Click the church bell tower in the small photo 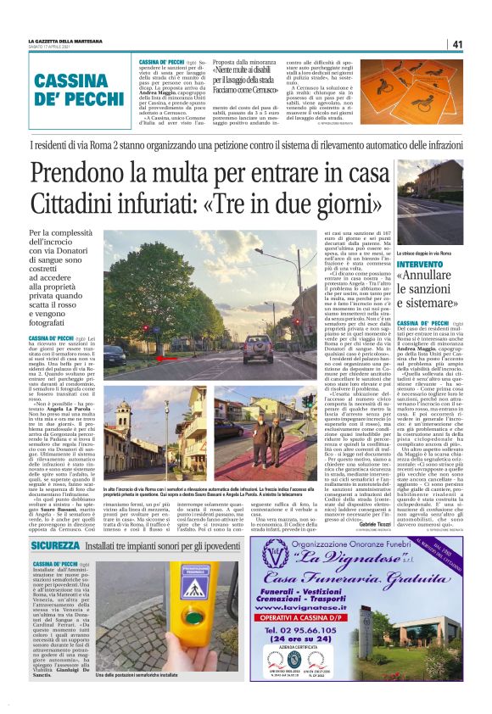click(113, 424)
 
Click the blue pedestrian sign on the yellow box click(197, 591)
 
